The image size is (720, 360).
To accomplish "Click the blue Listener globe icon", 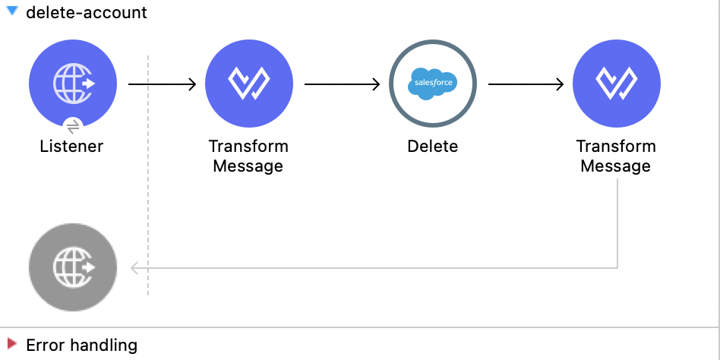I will (73, 83).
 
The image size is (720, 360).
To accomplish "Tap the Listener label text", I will (71, 146).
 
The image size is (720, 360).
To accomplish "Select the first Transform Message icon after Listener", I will (248, 83).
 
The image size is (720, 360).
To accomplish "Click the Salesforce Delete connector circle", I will (432, 83).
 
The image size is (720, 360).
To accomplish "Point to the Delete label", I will (432, 146).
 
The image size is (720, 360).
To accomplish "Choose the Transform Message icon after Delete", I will (616, 83).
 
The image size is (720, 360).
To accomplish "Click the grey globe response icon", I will (73, 267).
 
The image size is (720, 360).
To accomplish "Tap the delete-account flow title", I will (87, 13).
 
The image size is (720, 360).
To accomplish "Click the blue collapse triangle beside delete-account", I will (12, 12).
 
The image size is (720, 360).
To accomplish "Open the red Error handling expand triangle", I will (11, 345).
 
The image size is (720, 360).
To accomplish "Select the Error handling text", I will (82, 346).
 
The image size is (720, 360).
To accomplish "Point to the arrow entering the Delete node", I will (342, 84).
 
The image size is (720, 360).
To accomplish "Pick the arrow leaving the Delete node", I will (526, 84).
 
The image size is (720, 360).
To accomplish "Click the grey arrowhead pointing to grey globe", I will (135, 267).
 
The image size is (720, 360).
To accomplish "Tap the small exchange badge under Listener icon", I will (73, 125).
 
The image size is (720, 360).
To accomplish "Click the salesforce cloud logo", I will (432, 83).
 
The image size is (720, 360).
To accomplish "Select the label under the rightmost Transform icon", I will (616, 156).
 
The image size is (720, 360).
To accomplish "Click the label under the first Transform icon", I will (248, 156).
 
